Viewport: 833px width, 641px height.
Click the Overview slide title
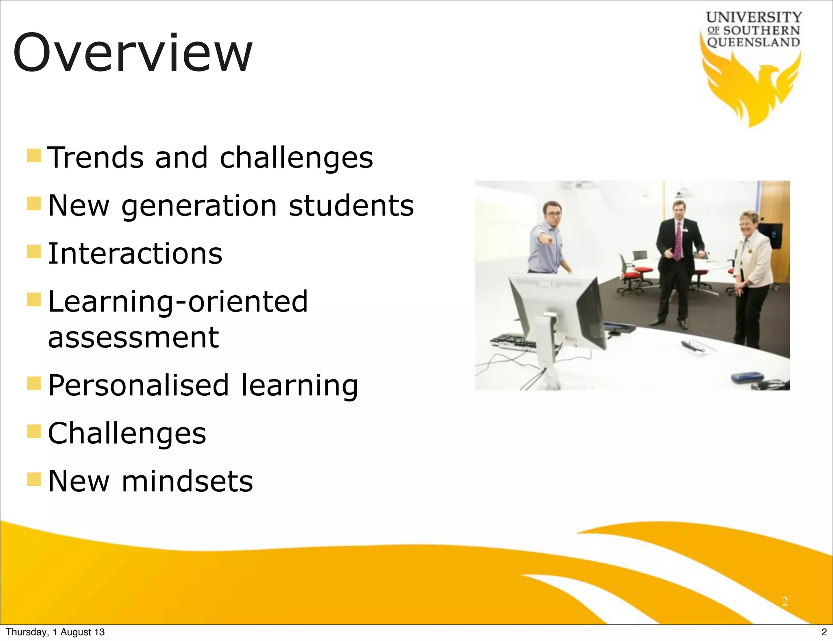pos(133,53)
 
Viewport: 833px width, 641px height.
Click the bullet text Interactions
pos(135,253)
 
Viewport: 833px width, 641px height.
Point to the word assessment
pos(133,337)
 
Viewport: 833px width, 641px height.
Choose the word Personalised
pos(139,385)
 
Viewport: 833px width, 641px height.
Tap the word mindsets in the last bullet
pos(187,481)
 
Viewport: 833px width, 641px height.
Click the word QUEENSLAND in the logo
pos(754,42)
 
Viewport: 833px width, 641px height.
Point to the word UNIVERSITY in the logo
pos(754,17)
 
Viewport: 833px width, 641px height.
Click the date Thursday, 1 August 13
pos(55,632)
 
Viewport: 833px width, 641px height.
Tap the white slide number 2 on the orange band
pos(785,601)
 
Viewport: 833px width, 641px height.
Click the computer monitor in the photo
pos(557,309)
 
